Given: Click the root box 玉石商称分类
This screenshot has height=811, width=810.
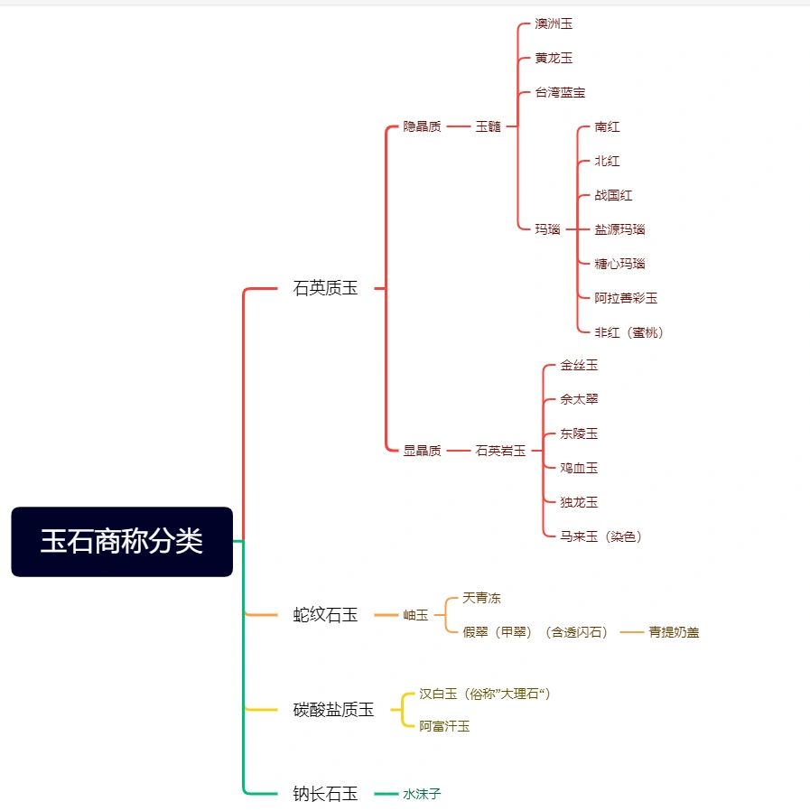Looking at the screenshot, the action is tap(122, 542).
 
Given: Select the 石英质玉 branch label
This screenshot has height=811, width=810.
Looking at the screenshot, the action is tap(325, 288).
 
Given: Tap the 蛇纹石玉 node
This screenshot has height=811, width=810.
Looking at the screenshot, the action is tap(325, 615).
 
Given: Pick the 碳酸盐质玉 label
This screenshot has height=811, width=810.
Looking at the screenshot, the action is tap(333, 710).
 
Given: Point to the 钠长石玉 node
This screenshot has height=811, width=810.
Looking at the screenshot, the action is tap(325, 794).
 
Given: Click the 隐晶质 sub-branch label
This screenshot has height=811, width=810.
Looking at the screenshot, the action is tap(422, 126).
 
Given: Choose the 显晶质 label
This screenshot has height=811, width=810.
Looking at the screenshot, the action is tap(422, 451).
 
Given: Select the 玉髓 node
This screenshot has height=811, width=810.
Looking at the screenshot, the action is tap(489, 126).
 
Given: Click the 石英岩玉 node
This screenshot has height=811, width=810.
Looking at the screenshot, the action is tap(500, 451).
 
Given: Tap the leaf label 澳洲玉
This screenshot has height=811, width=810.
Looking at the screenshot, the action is tap(554, 23).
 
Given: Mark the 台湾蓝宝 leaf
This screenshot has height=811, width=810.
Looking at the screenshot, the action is tap(560, 93).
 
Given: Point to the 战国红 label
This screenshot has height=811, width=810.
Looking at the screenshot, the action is tap(613, 195).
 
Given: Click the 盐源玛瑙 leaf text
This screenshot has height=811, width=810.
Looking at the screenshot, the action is tap(619, 229).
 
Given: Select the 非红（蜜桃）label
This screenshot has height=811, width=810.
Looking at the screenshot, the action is tap(628, 332).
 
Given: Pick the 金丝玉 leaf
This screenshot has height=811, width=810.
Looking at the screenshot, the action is tap(579, 365).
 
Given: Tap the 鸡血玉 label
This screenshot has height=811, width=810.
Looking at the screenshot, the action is tap(579, 468).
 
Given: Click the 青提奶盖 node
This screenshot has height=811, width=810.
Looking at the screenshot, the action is tap(674, 632).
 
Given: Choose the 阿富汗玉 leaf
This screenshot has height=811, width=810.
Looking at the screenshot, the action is tap(444, 726).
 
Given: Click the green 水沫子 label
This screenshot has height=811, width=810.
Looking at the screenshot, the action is tap(422, 794).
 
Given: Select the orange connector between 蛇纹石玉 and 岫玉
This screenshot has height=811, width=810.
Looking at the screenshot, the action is tap(386, 615).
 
